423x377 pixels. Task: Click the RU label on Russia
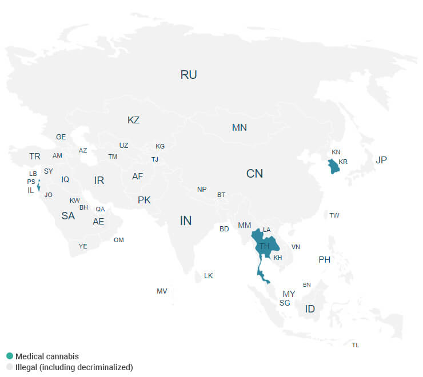(189, 75)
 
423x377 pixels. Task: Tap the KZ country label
(133, 121)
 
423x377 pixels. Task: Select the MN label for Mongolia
(240, 127)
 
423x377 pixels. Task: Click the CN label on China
(254, 174)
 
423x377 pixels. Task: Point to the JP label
(381, 160)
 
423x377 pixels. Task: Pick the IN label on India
(186, 220)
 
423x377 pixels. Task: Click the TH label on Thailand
(265, 246)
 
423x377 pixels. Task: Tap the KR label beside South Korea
(343, 162)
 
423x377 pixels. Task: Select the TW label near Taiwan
(334, 215)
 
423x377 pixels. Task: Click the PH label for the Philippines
(325, 259)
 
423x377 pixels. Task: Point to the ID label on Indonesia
(310, 309)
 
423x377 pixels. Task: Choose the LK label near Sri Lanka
(209, 275)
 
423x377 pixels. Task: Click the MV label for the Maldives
(162, 291)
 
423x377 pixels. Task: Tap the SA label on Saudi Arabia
(68, 216)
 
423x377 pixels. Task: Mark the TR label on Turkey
(35, 156)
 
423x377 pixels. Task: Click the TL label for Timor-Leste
(356, 345)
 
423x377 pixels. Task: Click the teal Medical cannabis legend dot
(9, 356)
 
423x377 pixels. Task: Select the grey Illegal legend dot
(9, 367)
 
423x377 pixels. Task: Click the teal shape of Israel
(38, 186)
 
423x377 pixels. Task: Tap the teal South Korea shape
(333, 167)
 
